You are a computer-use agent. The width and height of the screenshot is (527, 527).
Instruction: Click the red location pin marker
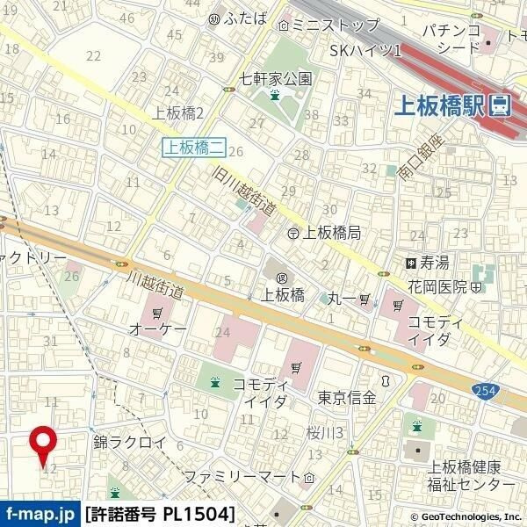pyautogui.click(x=41, y=444)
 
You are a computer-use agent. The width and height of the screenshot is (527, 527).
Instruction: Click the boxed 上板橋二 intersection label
pyautogui.click(x=191, y=147)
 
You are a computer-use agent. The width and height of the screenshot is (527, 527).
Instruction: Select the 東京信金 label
pyautogui.click(x=347, y=397)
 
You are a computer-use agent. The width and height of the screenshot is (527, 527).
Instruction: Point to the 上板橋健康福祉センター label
pyautogui.click(x=465, y=475)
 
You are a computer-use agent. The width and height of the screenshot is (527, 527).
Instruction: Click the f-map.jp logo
pyautogui.click(x=40, y=512)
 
